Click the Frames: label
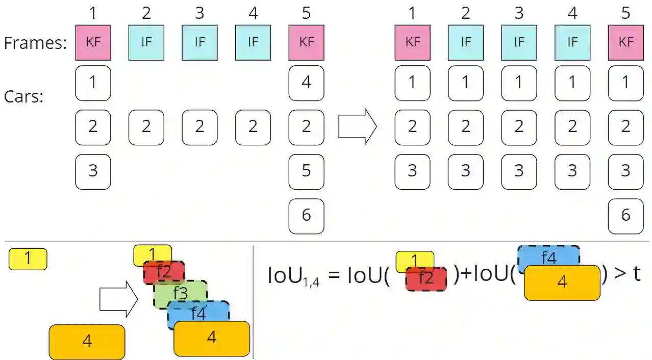[35, 43]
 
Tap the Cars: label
[23, 96]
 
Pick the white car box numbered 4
[306, 83]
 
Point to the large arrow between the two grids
[358, 127]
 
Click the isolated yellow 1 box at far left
[28, 259]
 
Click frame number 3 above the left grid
[199, 13]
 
